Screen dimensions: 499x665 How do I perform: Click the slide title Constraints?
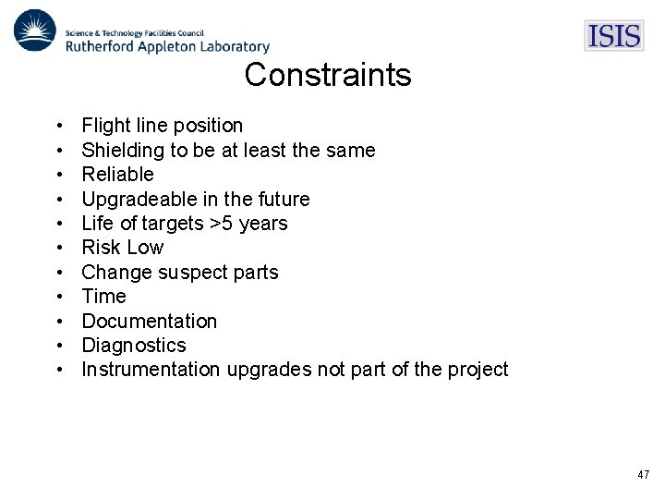328,75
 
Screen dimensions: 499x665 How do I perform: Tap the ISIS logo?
613,35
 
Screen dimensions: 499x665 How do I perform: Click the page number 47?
643,474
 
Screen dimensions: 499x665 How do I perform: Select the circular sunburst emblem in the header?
35,30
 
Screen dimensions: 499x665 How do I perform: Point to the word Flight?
104,126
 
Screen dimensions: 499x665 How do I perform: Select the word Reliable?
117,175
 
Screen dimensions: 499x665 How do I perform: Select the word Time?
103,297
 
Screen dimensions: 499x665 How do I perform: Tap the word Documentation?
149,322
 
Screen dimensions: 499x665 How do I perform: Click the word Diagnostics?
134,346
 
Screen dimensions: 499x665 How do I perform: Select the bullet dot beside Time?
58,297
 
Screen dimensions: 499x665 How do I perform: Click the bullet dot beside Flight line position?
58,126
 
